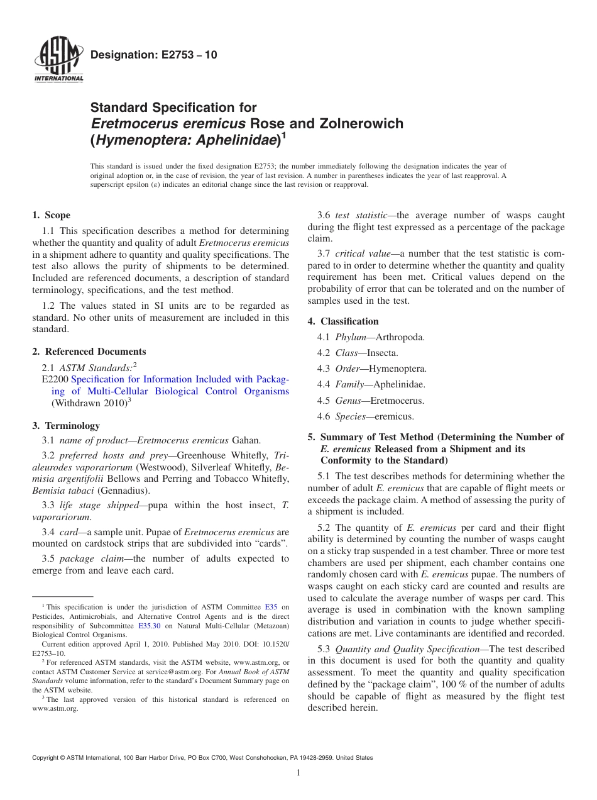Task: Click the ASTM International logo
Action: (x=58, y=60)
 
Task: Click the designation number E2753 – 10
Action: (x=154, y=55)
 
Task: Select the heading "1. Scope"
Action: (x=52, y=215)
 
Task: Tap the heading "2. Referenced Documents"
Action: (x=89, y=352)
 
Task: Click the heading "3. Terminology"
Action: (x=66, y=426)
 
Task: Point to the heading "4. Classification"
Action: (x=343, y=321)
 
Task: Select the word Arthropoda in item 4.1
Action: (x=400, y=338)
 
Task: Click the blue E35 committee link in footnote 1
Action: (x=271, y=607)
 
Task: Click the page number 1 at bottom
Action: (x=298, y=772)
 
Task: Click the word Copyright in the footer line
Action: (x=46, y=758)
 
